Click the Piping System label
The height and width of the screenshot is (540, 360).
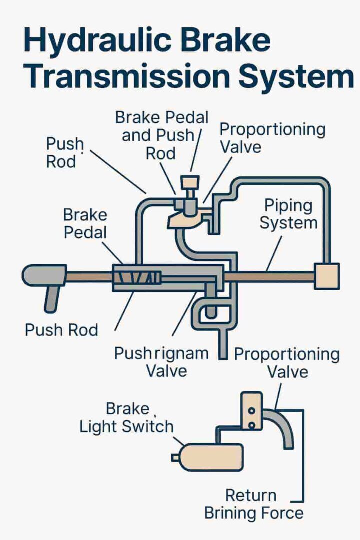pyautogui.click(x=288, y=214)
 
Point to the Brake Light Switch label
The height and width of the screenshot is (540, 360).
pyautogui.click(x=127, y=418)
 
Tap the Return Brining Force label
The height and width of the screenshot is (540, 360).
pyautogui.click(x=254, y=504)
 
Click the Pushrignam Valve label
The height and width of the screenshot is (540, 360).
pyautogui.click(x=161, y=362)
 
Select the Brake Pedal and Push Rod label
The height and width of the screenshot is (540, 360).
pyautogui.click(x=162, y=135)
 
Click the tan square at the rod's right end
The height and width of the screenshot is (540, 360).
pyautogui.click(x=326, y=276)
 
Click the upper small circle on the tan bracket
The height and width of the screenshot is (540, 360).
pyautogui.click(x=252, y=410)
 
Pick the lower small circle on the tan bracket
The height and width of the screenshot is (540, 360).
pyautogui.click(x=252, y=425)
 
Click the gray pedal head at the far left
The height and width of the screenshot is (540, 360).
pyautogui.click(x=44, y=276)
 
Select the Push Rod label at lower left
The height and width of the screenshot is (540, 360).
pyautogui.click(x=61, y=330)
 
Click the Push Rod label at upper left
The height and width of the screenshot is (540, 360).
pyautogui.click(x=65, y=153)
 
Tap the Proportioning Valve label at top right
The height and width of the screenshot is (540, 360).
pyautogui.click(x=273, y=137)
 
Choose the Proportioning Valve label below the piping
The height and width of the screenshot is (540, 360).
pyautogui.click(x=287, y=363)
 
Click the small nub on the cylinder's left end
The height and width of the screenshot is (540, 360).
pyautogui.click(x=175, y=457)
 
